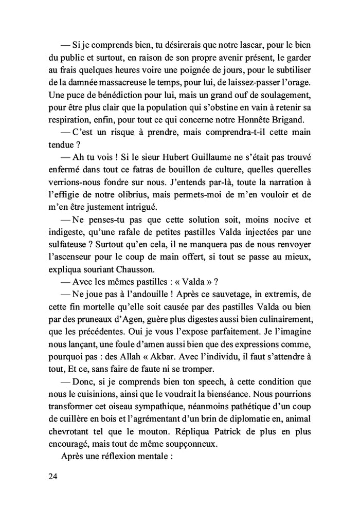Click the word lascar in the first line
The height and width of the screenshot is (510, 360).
click(236, 46)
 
